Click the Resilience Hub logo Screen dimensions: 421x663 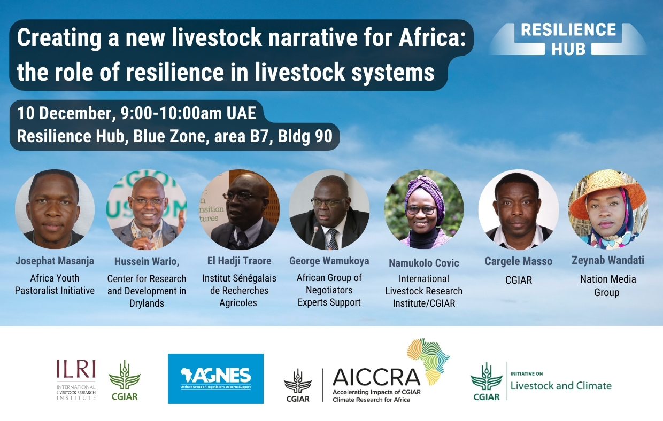(568, 38)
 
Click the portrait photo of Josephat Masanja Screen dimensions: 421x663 (55, 209)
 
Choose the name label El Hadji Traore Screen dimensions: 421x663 (238, 261)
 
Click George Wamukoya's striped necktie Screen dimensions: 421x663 (333, 238)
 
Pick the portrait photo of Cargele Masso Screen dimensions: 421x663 (518, 209)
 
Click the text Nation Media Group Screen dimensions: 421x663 (607, 286)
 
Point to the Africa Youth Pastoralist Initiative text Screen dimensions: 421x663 (55, 284)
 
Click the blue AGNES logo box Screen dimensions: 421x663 (215, 378)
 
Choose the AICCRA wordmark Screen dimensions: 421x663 (376, 378)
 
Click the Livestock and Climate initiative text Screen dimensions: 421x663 (561, 385)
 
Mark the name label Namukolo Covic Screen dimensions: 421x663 (423, 263)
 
